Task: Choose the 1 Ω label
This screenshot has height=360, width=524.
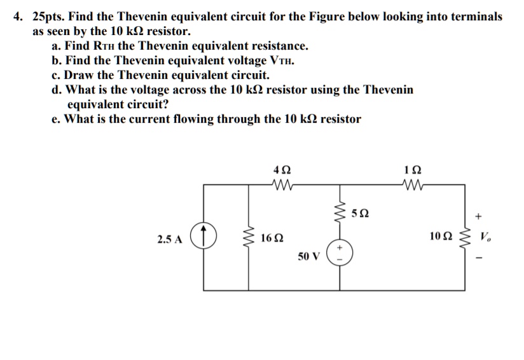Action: [413, 170]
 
